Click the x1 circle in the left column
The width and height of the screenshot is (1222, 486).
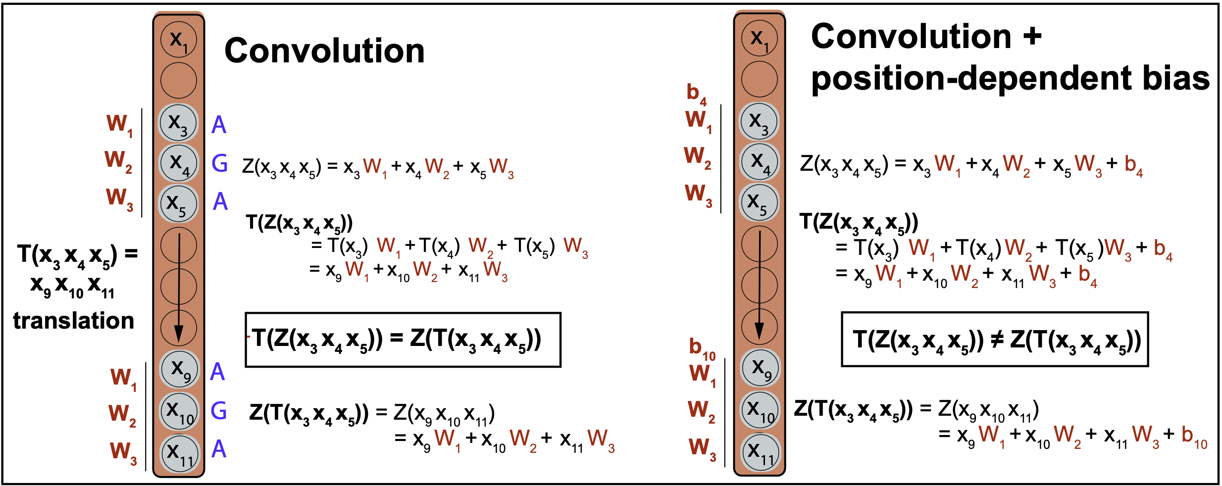(179, 40)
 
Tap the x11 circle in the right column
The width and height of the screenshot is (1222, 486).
(760, 452)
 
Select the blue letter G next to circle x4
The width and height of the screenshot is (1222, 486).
(219, 163)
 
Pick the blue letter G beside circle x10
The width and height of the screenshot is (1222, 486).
(218, 411)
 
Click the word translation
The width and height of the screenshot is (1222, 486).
(74, 321)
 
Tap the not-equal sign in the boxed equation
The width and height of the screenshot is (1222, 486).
(996, 340)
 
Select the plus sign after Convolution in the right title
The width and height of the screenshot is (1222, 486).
(1032, 37)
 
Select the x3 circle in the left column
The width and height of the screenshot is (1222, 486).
(178, 122)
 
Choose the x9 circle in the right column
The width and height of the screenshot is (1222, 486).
(760, 368)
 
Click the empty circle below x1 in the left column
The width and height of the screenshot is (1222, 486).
(179, 80)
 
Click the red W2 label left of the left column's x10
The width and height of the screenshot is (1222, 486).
(122, 414)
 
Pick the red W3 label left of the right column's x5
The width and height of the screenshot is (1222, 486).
(698, 194)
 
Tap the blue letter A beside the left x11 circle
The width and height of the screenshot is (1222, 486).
(219, 449)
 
